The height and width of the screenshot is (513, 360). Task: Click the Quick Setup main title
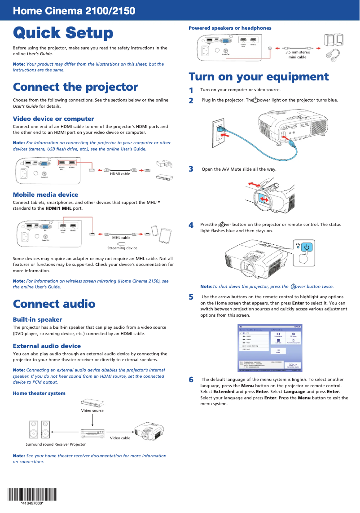click(63, 33)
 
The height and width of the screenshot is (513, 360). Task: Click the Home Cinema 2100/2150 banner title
click(74, 11)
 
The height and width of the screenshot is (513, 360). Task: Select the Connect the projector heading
click(75, 87)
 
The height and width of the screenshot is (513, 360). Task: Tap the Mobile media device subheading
click(45, 195)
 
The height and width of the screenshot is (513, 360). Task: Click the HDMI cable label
click(120, 174)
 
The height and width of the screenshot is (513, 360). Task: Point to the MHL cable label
click(121, 238)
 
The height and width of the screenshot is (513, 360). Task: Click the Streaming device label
click(122, 248)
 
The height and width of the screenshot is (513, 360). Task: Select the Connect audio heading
click(54, 304)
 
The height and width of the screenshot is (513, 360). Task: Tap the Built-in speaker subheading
click(37, 319)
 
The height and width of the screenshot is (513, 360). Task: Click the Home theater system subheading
click(39, 393)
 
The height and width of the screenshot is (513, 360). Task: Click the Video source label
click(92, 411)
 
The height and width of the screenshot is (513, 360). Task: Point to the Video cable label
click(120, 438)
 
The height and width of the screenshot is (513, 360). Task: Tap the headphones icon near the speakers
click(333, 55)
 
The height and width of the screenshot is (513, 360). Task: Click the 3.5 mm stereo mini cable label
click(298, 55)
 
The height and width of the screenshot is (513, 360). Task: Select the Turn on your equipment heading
click(259, 76)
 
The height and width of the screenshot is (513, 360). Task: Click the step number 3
click(191, 169)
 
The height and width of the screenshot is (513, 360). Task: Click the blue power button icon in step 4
click(306, 247)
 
